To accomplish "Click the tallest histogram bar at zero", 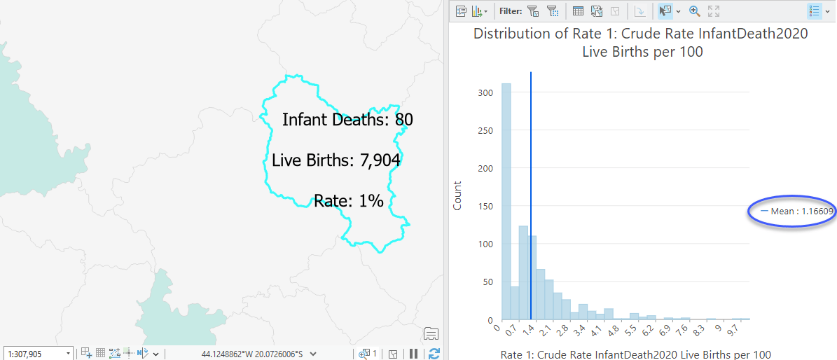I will (x=506, y=203).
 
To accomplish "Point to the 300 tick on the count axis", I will (x=485, y=92).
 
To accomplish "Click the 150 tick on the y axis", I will (x=485, y=206).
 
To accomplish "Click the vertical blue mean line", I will (x=531, y=175).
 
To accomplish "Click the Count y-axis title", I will (x=457, y=195).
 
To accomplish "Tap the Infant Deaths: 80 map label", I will (x=347, y=120).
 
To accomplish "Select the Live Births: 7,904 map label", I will (x=336, y=160).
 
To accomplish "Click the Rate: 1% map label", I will (x=348, y=201).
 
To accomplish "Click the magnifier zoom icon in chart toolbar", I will (x=695, y=11).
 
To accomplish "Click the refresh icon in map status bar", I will (x=434, y=354).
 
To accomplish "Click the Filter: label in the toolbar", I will (x=511, y=11).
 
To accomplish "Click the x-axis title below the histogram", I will (x=635, y=354).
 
